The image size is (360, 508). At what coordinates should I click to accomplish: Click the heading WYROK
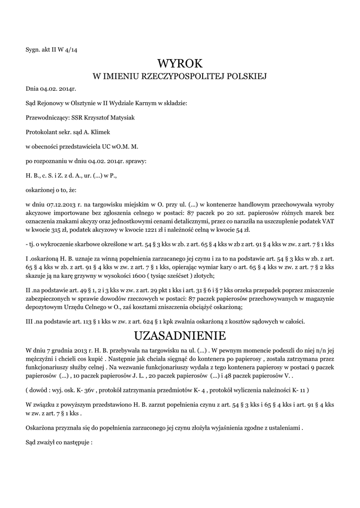(x=180, y=63)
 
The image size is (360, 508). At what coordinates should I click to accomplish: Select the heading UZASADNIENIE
(x=180, y=335)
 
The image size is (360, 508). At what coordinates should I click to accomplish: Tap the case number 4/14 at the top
(x=69, y=49)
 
